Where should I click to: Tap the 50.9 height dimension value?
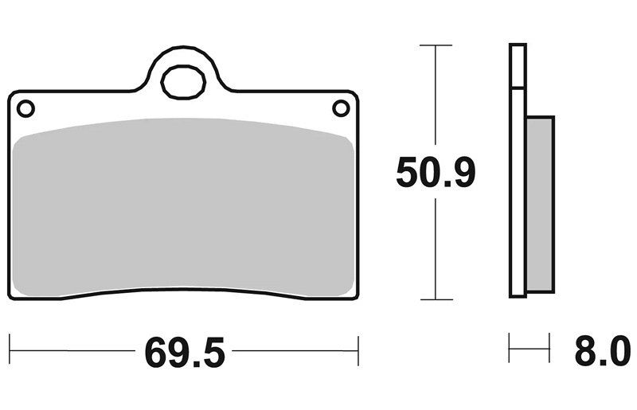(436, 172)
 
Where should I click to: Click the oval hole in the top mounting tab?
(183, 82)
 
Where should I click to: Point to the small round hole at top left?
(25, 108)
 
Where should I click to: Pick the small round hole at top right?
(341, 108)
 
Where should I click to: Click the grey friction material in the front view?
(183, 207)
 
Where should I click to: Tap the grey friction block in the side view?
(540, 204)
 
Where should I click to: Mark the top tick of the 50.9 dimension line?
(436, 45)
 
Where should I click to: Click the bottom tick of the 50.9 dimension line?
(436, 299)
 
